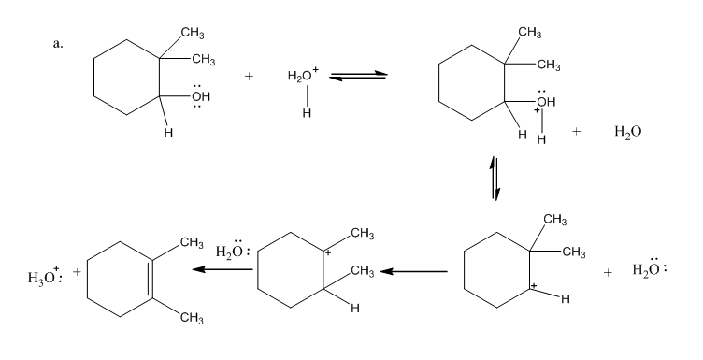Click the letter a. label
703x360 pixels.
[x=58, y=44]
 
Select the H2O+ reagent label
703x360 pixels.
[x=303, y=75]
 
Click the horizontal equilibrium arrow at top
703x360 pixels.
[x=358, y=76]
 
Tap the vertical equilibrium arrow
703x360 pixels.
[x=495, y=178]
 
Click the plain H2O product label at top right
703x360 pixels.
[x=627, y=132]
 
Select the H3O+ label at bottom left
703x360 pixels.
[x=45, y=277]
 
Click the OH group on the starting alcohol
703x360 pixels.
[x=200, y=96]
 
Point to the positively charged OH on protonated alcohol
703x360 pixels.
[x=545, y=101]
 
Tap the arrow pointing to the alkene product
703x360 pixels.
[x=222, y=269]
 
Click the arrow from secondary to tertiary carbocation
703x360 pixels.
[x=413, y=271]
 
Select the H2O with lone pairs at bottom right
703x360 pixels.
[x=650, y=269]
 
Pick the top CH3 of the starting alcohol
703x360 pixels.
[x=193, y=33]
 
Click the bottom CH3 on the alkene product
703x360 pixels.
[x=192, y=318]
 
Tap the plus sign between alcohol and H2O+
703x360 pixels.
[x=249, y=77]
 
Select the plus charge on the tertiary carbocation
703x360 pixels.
[x=328, y=253]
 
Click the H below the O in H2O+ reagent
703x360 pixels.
[x=307, y=113]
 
